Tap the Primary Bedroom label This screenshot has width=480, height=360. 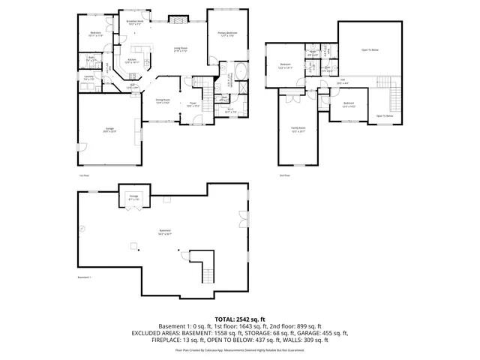228,34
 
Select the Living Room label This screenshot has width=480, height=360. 180,49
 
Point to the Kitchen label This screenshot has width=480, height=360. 132,61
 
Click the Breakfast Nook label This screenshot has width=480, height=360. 136,23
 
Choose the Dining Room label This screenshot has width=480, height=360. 163,100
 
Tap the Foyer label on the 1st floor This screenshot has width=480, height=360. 193,104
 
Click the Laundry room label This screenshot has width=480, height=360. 88,77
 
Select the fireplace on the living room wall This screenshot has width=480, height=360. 178,18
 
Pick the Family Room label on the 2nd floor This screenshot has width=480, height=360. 298,130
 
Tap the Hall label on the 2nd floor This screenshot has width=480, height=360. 343,81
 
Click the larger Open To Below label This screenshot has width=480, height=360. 370,50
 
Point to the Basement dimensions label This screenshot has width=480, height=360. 165,232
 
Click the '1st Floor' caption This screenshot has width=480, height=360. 84,175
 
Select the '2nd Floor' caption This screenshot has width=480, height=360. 284,175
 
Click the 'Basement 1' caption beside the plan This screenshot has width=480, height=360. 84,277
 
